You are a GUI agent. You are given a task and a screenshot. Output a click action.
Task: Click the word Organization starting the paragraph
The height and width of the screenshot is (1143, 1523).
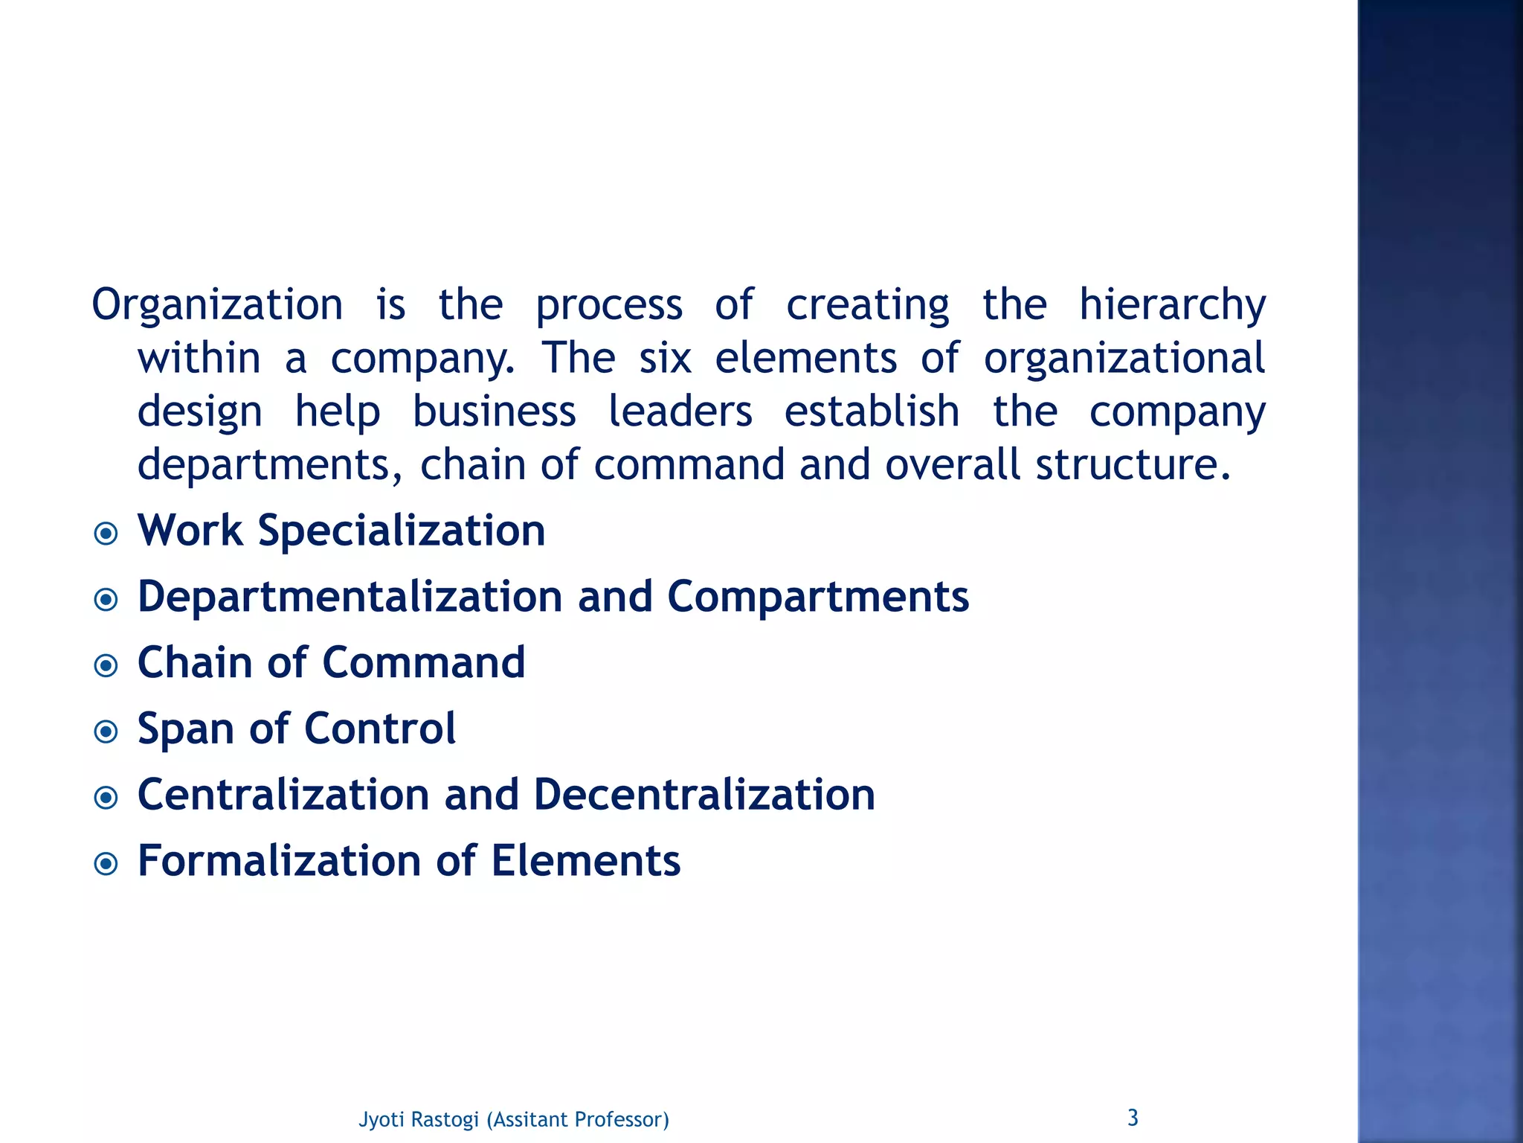pyautogui.click(x=217, y=305)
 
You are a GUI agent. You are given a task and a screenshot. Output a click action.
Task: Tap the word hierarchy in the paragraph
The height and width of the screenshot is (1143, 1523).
pyautogui.click(x=1172, y=305)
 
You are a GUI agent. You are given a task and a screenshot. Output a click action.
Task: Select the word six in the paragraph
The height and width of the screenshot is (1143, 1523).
pyautogui.click(x=666, y=358)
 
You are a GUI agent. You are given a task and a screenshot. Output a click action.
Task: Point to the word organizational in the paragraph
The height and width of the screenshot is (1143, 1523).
pyautogui.click(x=1124, y=358)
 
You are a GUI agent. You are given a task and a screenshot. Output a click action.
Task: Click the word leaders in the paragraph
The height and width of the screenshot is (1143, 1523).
pyautogui.click(x=680, y=412)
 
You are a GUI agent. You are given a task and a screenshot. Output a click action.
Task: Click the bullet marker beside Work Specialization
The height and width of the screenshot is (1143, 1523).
pyautogui.click(x=106, y=534)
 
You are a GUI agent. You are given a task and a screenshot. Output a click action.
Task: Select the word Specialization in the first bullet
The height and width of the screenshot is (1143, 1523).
pyautogui.click(x=402, y=531)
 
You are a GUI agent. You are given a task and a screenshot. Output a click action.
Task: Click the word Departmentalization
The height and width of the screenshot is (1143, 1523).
pyautogui.click(x=350, y=597)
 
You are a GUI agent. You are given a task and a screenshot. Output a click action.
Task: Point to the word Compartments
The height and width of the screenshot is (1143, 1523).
pyautogui.click(x=818, y=597)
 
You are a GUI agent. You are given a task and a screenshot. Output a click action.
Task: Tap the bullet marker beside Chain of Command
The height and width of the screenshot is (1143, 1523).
pyautogui.click(x=106, y=665)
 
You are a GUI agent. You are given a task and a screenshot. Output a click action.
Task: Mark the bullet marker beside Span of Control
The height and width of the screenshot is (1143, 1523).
pyautogui.click(x=106, y=731)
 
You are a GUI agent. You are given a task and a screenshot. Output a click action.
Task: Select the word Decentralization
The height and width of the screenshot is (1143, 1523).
pyautogui.click(x=704, y=794)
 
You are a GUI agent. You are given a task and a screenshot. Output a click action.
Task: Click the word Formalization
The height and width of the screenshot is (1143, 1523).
pyautogui.click(x=280, y=860)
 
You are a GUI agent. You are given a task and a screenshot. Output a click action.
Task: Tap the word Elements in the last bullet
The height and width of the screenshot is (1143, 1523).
pyautogui.click(x=585, y=860)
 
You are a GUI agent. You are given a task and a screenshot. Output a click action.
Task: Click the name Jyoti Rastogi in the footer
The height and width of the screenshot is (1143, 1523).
pyautogui.click(x=419, y=1119)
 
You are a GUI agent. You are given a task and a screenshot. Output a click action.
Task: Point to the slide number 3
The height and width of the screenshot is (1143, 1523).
pyautogui.click(x=1133, y=1117)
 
